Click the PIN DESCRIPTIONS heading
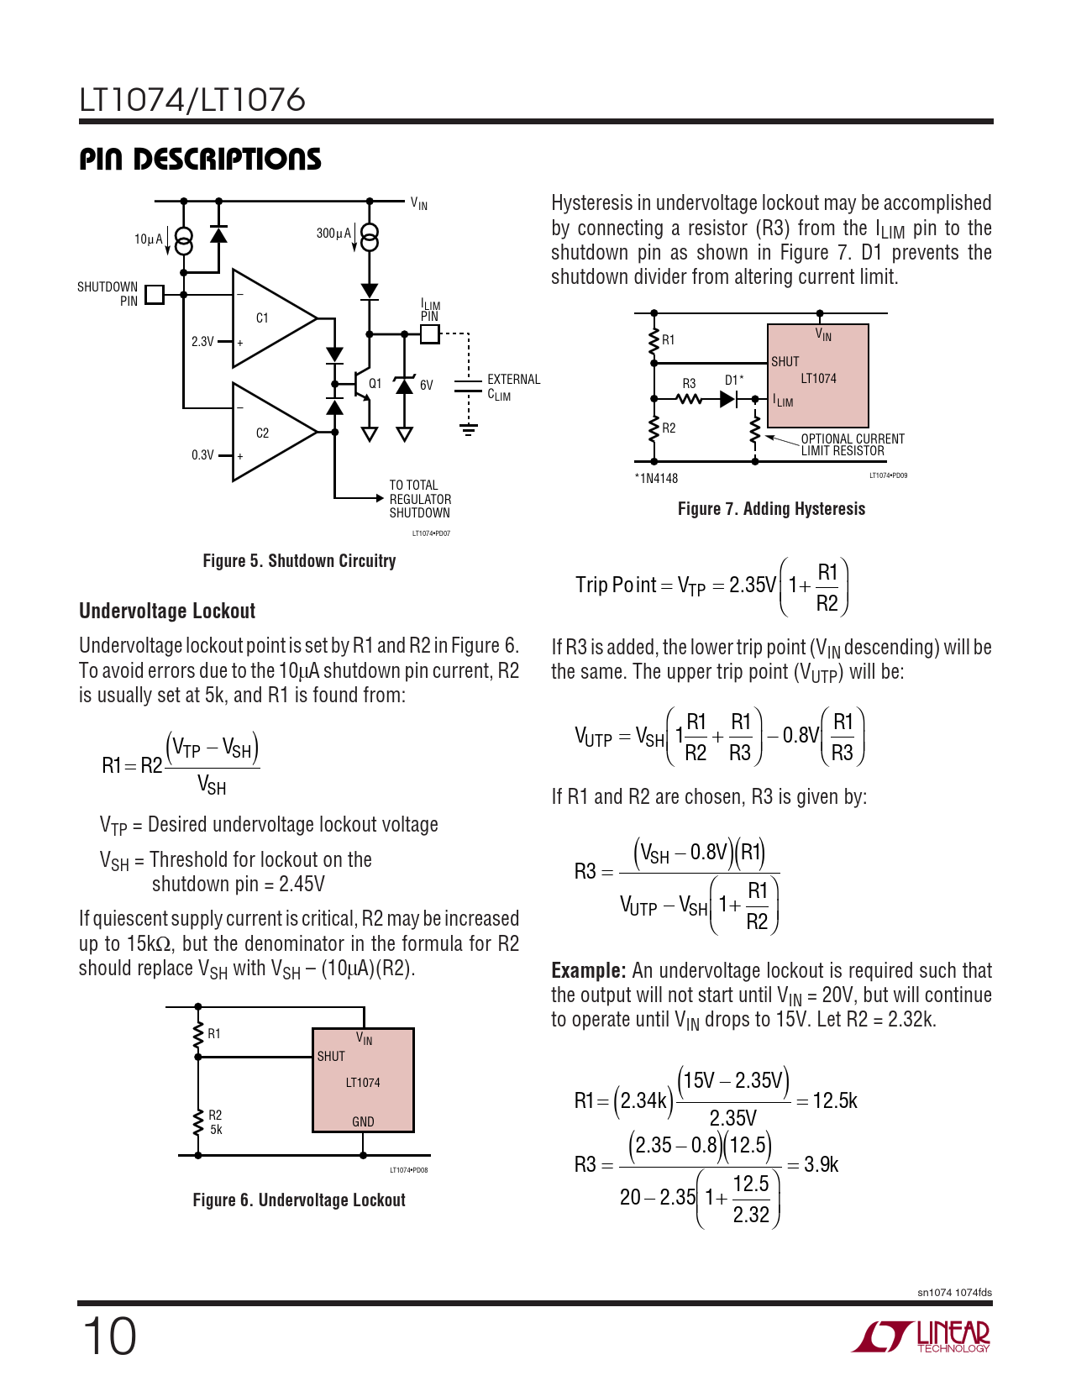pos(200,160)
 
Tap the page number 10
pos(109,1336)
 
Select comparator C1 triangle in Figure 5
pos(269,318)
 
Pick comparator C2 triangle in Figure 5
pos(269,433)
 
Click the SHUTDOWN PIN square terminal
pos(154,294)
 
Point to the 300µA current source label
pos(333,234)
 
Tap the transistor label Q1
pos(375,384)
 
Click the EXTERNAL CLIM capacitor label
pos(513,387)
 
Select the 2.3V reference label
pos(202,342)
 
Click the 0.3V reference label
pos(202,455)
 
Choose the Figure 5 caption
pos(299,561)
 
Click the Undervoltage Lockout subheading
pos(167,612)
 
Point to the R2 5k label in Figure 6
pos(216,1122)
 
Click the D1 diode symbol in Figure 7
pos(729,400)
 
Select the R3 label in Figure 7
pos(689,384)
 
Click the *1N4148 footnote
pos(656,479)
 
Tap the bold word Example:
pos(588,971)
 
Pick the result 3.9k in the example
pos(821,1165)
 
